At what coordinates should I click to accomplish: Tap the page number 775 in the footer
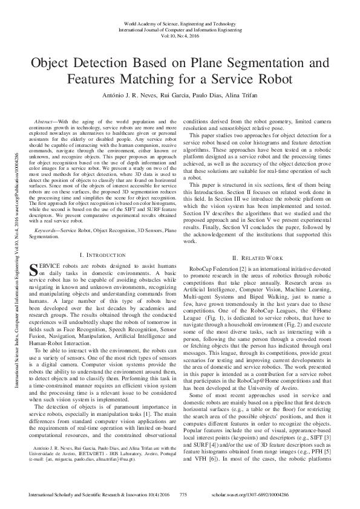tap(185, 494)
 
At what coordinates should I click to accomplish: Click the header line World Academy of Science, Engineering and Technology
tap(180, 21)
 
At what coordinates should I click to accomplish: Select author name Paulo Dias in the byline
tap(207, 95)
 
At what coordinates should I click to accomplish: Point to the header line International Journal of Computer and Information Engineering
tap(180, 28)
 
